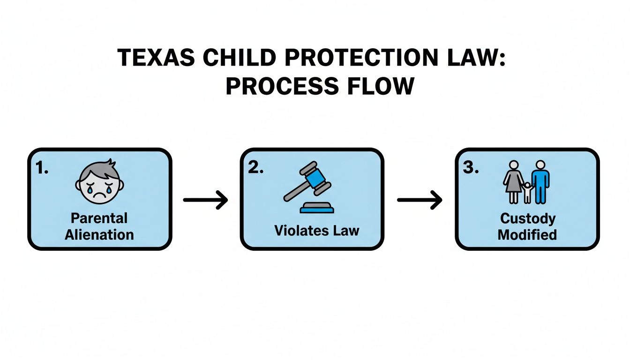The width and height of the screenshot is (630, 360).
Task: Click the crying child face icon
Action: pyautogui.click(x=99, y=181)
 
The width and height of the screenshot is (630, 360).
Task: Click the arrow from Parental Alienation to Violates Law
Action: pyautogui.click(x=205, y=200)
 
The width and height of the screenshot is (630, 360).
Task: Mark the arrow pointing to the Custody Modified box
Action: pyautogui.click(x=420, y=200)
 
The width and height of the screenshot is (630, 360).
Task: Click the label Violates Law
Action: pyautogui.click(x=317, y=230)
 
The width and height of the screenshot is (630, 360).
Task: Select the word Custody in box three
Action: pyautogui.click(x=527, y=218)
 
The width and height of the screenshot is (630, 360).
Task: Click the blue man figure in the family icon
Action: pyautogui.click(x=540, y=182)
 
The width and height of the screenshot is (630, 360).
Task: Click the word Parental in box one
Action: pyautogui.click(x=99, y=218)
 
